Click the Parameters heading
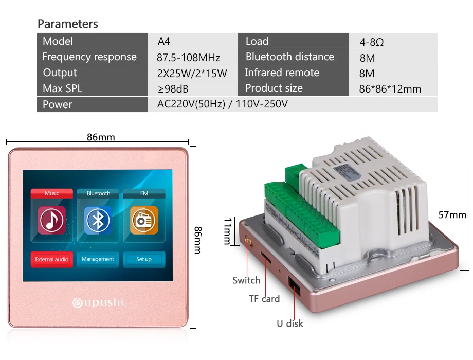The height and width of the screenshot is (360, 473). pyautogui.click(x=67, y=24)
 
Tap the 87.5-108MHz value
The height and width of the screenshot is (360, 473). pyautogui.click(x=188, y=57)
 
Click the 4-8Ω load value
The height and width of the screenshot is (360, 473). pyautogui.click(x=372, y=42)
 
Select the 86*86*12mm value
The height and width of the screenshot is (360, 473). pyautogui.click(x=390, y=89)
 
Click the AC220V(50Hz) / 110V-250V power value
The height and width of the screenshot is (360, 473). pyautogui.click(x=222, y=104)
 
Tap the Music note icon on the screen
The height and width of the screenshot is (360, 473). pyautogui.click(x=51, y=220)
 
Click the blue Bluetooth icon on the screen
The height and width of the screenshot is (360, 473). pyautogui.click(x=98, y=220)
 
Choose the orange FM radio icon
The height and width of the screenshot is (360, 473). pyautogui.click(x=144, y=220)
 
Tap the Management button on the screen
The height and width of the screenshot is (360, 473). pyautogui.click(x=98, y=259)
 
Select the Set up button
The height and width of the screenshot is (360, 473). pyautogui.click(x=144, y=259)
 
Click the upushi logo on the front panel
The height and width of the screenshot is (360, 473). pyautogui.click(x=98, y=302)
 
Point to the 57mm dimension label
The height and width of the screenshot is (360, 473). pyautogui.click(x=452, y=215)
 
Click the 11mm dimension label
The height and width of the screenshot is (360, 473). pyautogui.click(x=228, y=231)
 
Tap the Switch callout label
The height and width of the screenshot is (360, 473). pyautogui.click(x=246, y=280)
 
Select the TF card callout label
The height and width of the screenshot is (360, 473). pyautogui.click(x=264, y=299)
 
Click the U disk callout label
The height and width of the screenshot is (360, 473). pyautogui.click(x=290, y=323)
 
